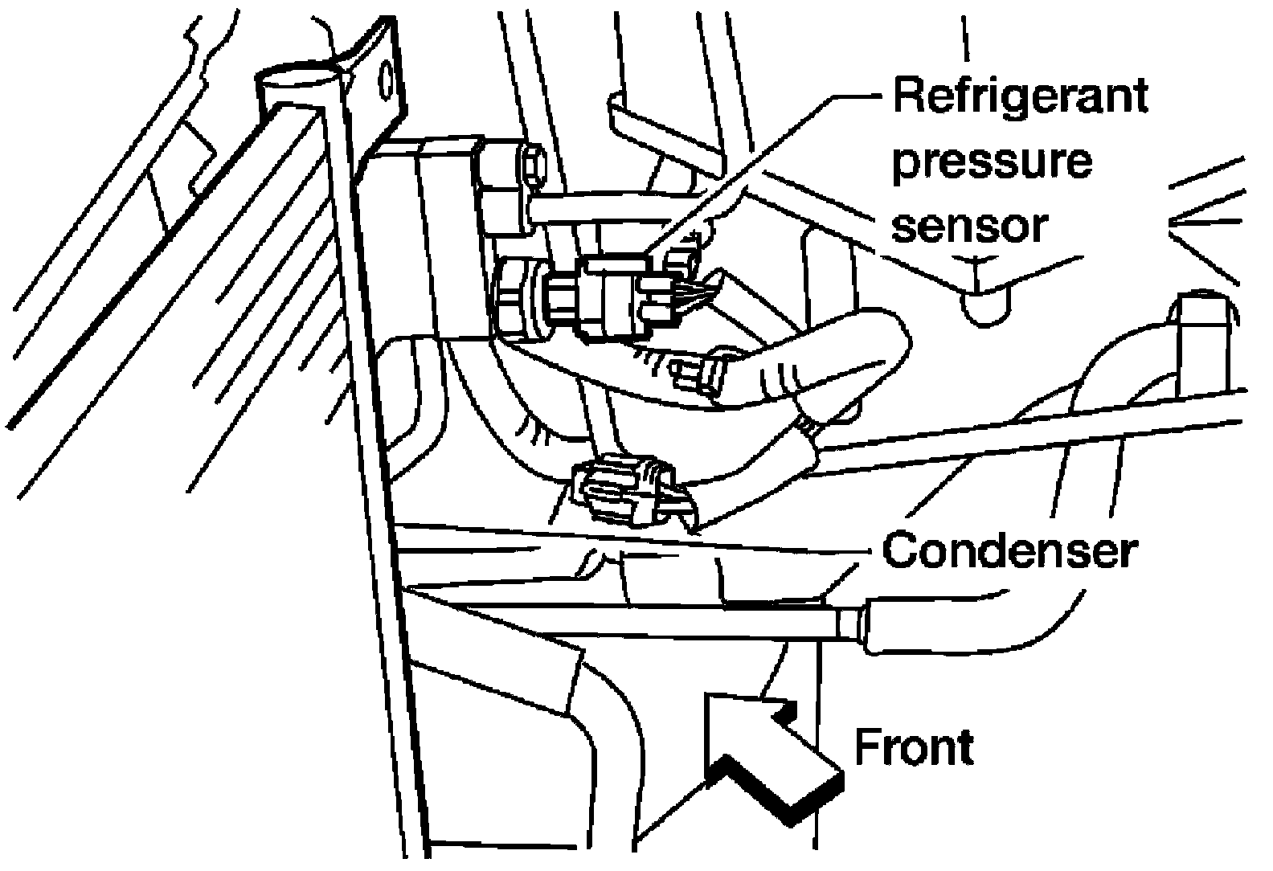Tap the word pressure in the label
pyautogui.click(x=993, y=164)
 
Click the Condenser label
pyautogui.click(x=1009, y=551)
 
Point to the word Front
pyautogui.click(x=913, y=747)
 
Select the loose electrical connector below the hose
pyautogui.click(x=623, y=490)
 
